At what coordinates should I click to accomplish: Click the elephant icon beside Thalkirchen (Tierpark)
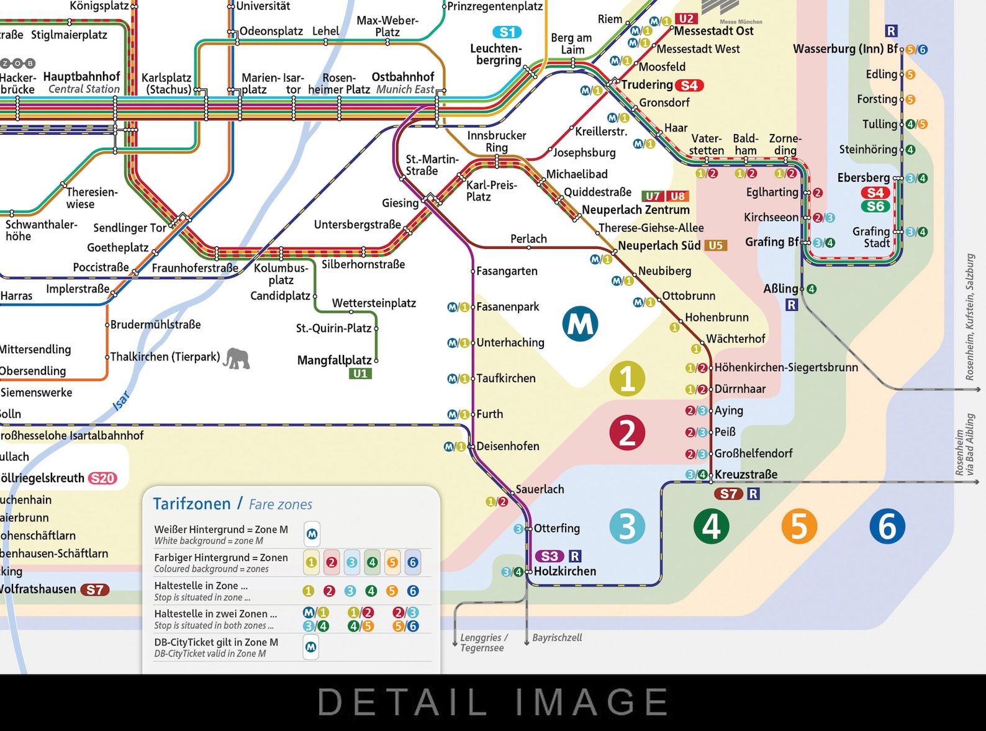[237, 358]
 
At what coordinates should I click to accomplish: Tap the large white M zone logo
[580, 324]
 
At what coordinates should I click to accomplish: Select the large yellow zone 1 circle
[627, 379]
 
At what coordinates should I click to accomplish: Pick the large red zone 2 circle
[627, 433]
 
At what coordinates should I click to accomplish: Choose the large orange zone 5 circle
[799, 526]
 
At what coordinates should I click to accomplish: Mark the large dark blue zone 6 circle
[887, 526]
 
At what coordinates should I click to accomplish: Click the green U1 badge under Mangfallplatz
[361, 374]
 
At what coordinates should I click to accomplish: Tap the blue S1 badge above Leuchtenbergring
[507, 32]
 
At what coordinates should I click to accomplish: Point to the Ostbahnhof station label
[403, 77]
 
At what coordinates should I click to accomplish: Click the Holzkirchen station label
[564, 571]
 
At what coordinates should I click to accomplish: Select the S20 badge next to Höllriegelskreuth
[102, 478]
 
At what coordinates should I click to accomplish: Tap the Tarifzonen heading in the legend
[192, 503]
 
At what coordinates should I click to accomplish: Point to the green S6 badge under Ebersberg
[875, 206]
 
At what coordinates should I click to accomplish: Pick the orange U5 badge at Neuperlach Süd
[715, 245]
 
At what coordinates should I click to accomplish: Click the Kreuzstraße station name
[746, 475]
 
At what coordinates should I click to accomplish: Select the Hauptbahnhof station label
[81, 76]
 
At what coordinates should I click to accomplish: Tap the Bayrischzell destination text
[557, 637]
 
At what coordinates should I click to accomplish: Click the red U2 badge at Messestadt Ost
[685, 19]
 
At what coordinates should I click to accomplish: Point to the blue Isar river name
[121, 401]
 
